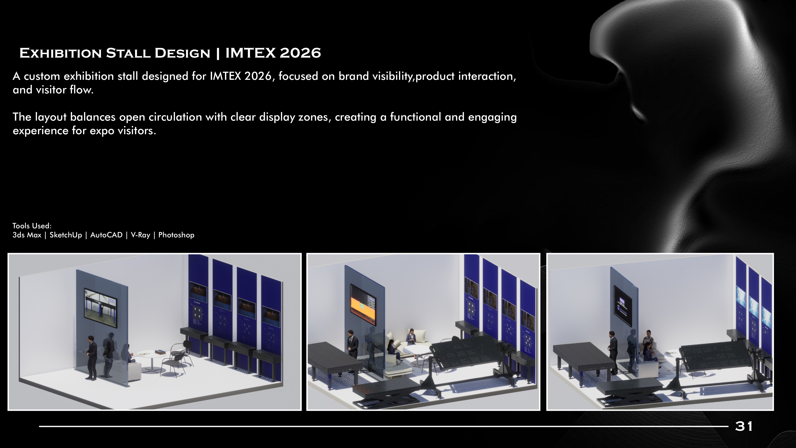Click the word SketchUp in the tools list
pos(66,235)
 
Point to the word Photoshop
pos(176,235)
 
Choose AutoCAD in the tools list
pos(106,235)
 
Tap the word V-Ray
pos(140,235)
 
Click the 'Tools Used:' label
pos(32,226)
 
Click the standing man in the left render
pos(91,357)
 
